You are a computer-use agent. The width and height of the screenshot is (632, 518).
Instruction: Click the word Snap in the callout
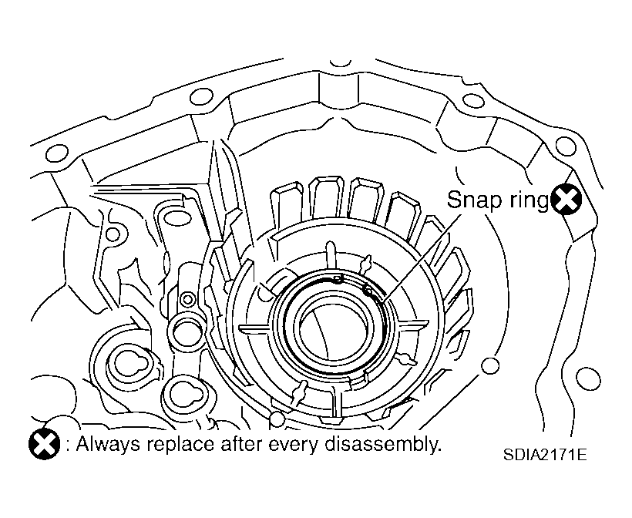pyautogui.click(x=475, y=200)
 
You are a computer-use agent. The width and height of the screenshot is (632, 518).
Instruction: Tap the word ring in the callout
pyautogui.click(x=529, y=200)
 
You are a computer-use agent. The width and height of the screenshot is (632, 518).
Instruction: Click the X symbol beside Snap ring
pyautogui.click(x=566, y=199)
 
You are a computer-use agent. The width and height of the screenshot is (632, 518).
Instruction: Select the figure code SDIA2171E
pyautogui.click(x=545, y=455)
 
